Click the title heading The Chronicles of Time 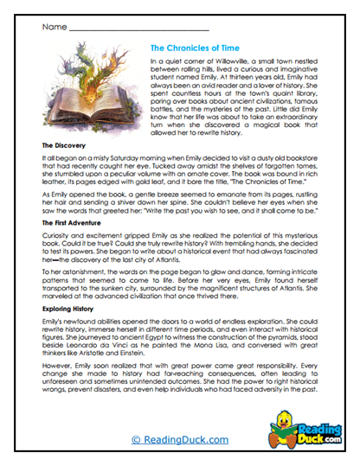pos(201,48)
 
